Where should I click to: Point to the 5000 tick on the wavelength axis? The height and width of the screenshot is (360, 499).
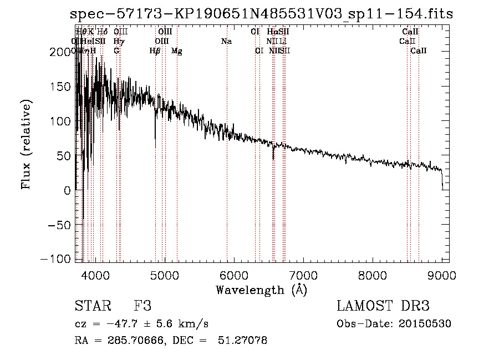pos(164,275)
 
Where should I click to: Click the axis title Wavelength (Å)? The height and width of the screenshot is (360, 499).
pos(261,290)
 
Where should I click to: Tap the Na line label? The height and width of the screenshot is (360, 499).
pos(226,41)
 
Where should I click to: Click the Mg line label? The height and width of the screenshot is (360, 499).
pos(177,51)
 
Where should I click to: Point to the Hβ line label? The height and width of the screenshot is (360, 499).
pos(155,51)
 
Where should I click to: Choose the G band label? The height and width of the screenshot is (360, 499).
pos(116,51)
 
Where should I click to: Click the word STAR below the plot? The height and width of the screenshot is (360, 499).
pos(91,306)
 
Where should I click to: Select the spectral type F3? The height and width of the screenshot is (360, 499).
pos(142,306)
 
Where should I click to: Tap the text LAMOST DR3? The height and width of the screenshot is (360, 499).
pos(383,306)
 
